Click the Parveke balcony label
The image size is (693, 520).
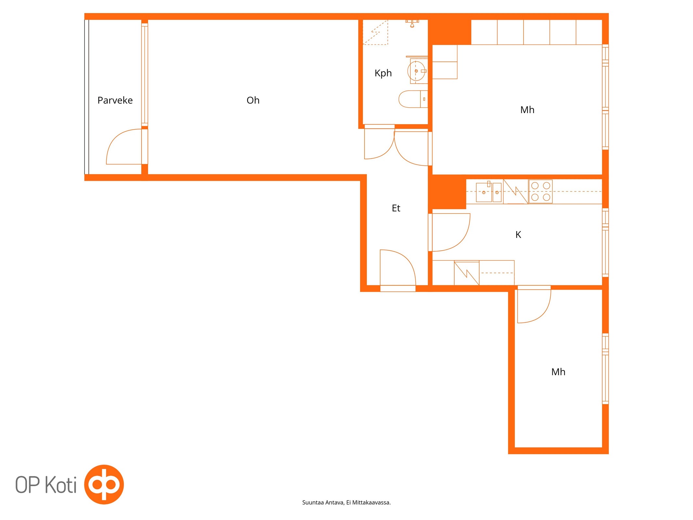click(115, 100)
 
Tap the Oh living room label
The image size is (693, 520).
click(253, 100)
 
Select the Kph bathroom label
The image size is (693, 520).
click(383, 73)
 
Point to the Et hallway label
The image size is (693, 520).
click(396, 208)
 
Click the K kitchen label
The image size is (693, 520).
click(518, 235)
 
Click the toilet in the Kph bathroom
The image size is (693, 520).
click(413, 99)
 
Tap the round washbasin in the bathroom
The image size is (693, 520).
click(416, 71)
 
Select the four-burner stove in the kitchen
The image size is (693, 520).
click(541, 191)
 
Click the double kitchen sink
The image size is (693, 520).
click(489, 192)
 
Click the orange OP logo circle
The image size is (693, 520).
click(104, 485)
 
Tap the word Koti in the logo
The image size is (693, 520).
click(60, 485)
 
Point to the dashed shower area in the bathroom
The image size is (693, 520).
click(375, 32)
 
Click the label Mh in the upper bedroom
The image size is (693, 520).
click(527, 110)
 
